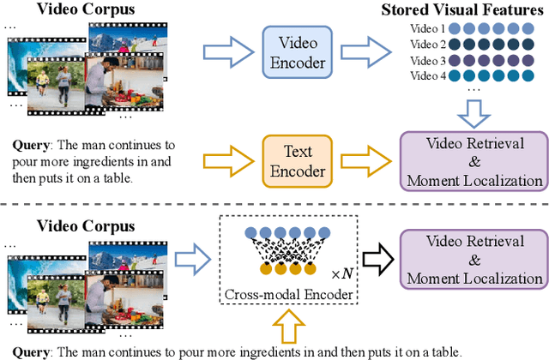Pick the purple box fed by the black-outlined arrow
tap(474, 255)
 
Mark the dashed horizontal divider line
tap(274, 205)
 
